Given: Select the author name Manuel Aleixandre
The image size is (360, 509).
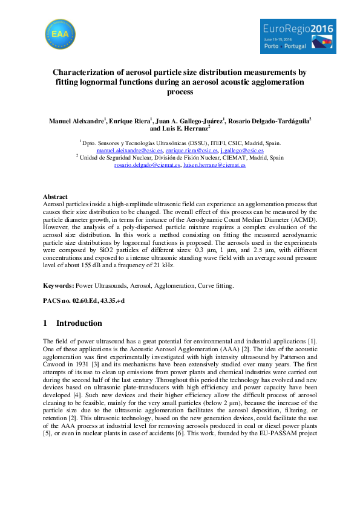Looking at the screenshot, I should (x=76, y=121).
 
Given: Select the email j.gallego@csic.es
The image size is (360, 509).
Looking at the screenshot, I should (x=241, y=150).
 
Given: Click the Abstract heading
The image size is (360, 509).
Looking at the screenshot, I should (x=55, y=197).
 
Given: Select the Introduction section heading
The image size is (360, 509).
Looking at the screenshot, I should (x=79, y=323).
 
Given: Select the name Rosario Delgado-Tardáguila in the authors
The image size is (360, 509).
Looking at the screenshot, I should (x=277, y=121).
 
